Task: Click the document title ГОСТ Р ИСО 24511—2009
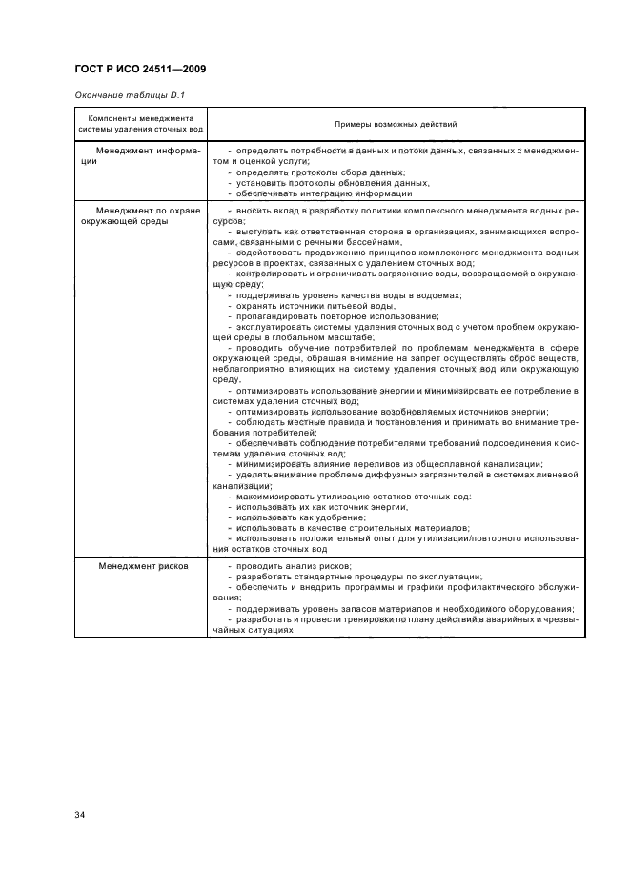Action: coord(140,70)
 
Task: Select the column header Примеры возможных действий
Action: coord(395,124)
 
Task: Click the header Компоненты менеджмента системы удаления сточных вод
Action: coord(141,124)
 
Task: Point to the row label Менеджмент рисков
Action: coord(143,566)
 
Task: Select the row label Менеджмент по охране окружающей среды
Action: coord(140,215)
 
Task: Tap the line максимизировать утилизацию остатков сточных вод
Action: coord(350,497)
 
